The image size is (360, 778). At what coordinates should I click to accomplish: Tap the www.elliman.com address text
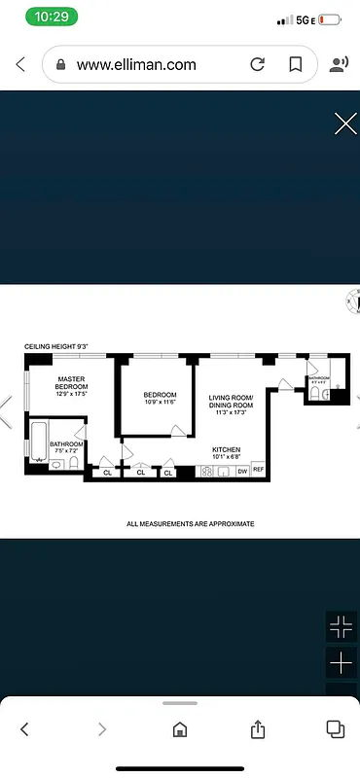click(136, 65)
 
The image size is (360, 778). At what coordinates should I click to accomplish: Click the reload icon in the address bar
click(258, 65)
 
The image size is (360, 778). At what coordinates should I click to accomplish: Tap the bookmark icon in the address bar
click(295, 65)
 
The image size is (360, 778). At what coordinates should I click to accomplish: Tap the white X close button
click(345, 124)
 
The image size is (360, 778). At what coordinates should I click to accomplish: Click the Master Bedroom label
click(72, 383)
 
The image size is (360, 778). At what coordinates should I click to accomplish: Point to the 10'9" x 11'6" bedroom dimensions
click(160, 402)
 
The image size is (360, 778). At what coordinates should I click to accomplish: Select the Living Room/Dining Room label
click(231, 402)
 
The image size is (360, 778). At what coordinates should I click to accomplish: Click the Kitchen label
click(226, 448)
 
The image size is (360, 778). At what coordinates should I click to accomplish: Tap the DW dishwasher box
click(241, 471)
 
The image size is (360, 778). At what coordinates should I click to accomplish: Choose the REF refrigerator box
click(258, 470)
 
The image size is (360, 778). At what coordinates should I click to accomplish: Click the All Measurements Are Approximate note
click(191, 523)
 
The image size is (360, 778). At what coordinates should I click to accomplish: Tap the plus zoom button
click(342, 663)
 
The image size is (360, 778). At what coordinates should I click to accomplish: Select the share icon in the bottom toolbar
click(258, 728)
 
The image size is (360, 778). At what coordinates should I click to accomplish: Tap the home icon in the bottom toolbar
click(180, 728)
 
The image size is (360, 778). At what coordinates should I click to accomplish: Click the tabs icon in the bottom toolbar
click(335, 728)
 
